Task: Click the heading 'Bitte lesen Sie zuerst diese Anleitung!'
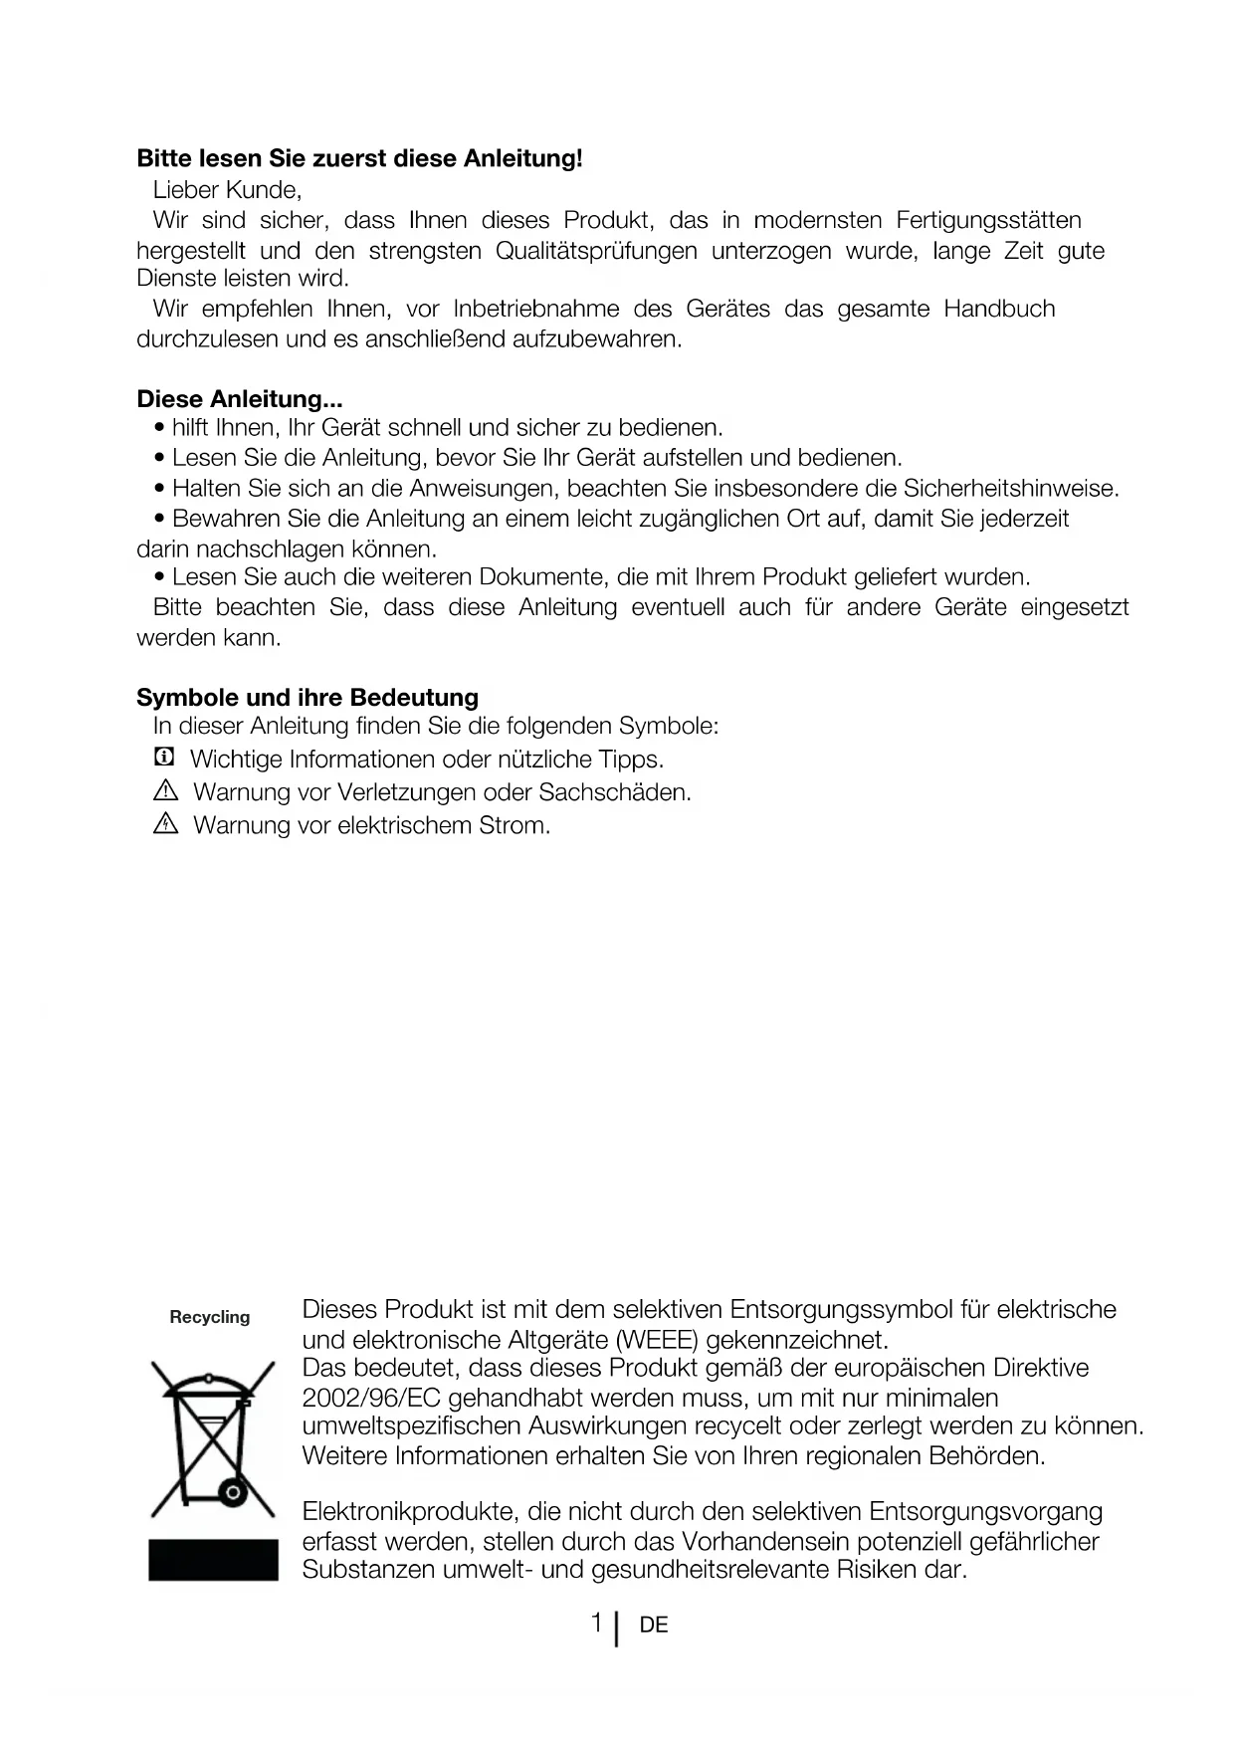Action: pos(359,158)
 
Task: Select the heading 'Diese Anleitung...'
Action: pos(239,399)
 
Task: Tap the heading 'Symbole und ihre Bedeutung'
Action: pos(308,697)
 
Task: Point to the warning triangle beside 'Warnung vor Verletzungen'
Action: pos(165,792)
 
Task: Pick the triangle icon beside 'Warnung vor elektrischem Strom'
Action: pos(165,824)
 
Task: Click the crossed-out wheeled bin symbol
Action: pos(213,1438)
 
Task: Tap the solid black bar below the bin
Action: pos(213,1560)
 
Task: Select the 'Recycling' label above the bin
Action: pos(210,1317)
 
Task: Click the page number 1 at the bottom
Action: pos(596,1624)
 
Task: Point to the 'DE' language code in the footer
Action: pos(654,1626)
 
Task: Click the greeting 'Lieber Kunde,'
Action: pos(227,189)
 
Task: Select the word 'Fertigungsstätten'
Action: pos(988,220)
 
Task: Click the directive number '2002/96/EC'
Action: pos(371,1398)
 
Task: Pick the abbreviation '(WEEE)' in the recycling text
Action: pos(657,1339)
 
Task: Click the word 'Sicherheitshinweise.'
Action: pos(1011,489)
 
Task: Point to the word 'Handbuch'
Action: pos(999,310)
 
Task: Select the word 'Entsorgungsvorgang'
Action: pos(985,1512)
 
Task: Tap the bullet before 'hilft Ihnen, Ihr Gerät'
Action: pos(160,429)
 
